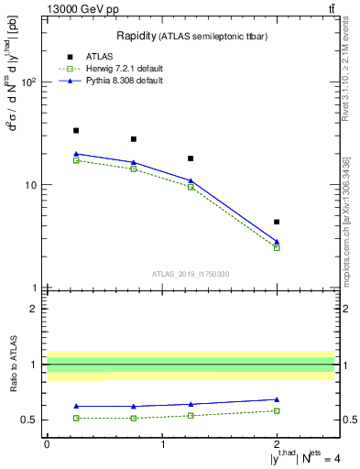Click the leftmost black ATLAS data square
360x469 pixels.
(x=76, y=130)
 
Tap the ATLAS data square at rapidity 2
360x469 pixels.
(x=277, y=222)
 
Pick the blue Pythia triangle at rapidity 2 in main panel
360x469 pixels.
(x=277, y=242)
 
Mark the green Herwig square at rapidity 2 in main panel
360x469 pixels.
(x=277, y=248)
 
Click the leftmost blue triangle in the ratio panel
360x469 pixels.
(x=76, y=406)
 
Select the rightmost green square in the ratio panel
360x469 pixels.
(x=277, y=410)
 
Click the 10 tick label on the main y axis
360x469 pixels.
(x=29, y=185)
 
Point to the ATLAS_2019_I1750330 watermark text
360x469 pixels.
(x=190, y=274)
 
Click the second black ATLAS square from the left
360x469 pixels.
(x=134, y=139)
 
